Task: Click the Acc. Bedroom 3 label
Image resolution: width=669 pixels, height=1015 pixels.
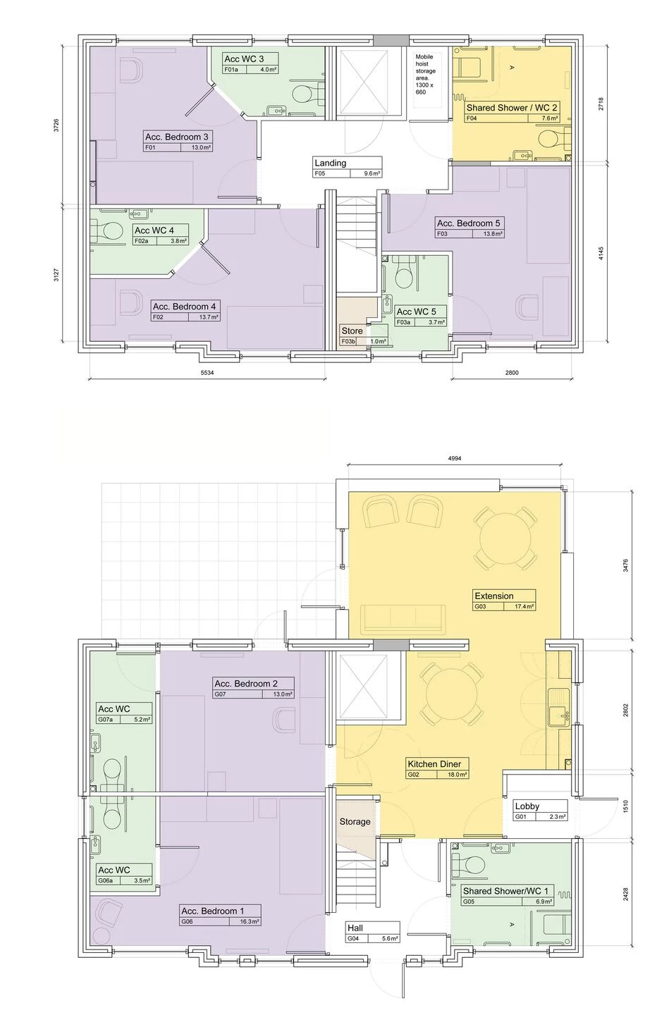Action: pos(176,137)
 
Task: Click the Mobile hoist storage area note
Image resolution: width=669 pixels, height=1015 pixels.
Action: pos(426,74)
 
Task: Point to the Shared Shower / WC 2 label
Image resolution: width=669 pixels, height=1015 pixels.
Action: pos(512,108)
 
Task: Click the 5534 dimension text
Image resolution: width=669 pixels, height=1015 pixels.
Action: pos(207,372)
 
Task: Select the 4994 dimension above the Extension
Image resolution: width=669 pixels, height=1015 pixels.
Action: pos(455,458)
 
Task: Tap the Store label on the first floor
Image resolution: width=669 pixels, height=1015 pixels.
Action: pos(352,331)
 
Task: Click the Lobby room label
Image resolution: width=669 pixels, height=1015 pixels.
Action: pos(527,806)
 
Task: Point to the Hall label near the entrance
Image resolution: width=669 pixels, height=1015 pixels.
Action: pos(355,928)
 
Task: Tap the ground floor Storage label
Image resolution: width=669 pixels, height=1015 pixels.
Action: pos(355,821)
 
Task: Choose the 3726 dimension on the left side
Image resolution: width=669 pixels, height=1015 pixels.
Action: pos(56,125)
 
